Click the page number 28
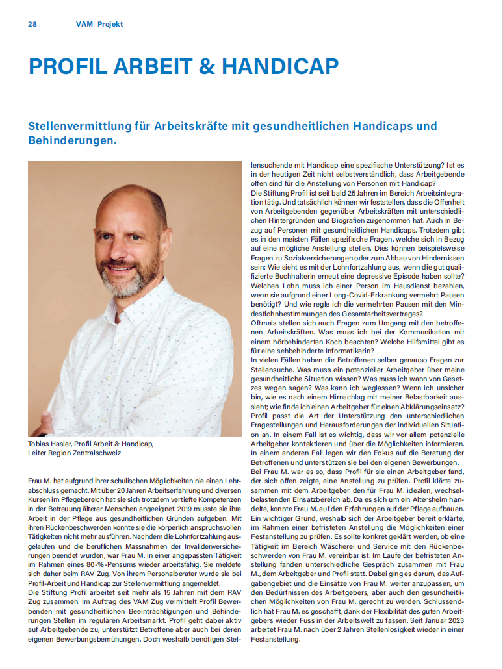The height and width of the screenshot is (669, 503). (32, 24)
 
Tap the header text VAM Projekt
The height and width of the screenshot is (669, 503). (99, 24)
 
